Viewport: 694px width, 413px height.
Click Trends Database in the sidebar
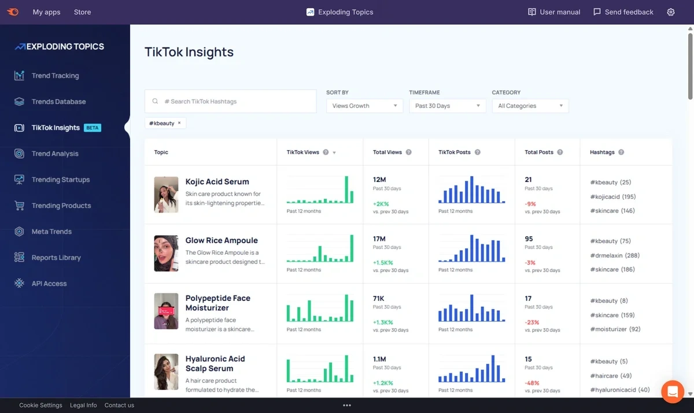[x=58, y=102]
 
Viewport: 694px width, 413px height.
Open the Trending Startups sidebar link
[x=60, y=180]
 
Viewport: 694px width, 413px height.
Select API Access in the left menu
[x=49, y=284]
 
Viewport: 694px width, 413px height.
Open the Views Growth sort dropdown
[x=364, y=106]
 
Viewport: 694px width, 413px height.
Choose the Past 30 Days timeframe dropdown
[x=447, y=106]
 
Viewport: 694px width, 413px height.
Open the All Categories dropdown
[x=530, y=106]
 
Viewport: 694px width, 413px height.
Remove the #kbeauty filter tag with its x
[x=179, y=123]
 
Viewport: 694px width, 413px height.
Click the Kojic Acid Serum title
[x=217, y=182]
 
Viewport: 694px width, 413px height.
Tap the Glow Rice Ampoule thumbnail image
[x=166, y=254]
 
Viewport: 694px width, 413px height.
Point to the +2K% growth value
[x=381, y=204]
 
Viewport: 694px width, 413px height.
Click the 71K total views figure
[x=379, y=299]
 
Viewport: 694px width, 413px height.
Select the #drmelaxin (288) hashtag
[x=615, y=255]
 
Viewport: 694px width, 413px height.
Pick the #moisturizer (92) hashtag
[x=615, y=329]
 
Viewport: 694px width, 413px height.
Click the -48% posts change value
[x=533, y=383]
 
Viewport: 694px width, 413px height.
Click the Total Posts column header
[x=539, y=152]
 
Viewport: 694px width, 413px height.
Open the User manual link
[x=553, y=12]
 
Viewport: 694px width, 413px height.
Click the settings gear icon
[x=671, y=12]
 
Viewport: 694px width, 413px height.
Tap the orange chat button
[x=673, y=392]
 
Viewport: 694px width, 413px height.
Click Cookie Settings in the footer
[x=40, y=405]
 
